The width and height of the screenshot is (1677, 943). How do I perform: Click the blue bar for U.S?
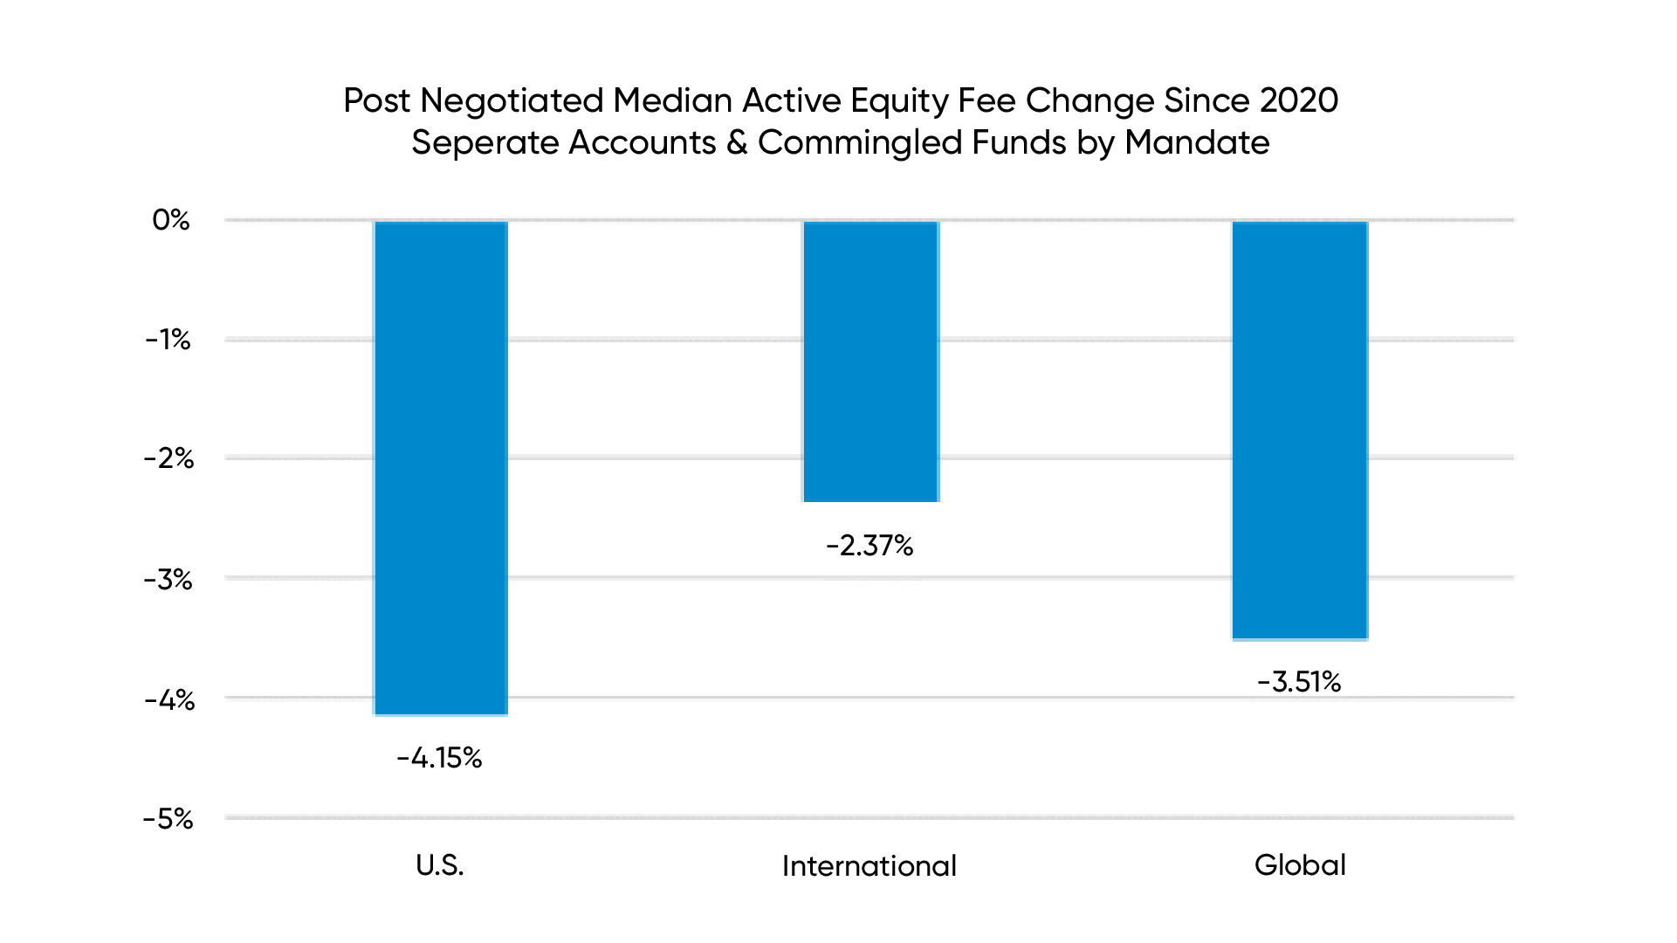click(x=441, y=468)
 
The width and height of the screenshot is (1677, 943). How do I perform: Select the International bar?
click(x=870, y=361)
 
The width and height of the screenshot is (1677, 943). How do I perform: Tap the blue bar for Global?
click(x=1299, y=430)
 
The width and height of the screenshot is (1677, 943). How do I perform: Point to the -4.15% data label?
click(x=439, y=758)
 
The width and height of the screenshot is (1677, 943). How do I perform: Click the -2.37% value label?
click(x=869, y=546)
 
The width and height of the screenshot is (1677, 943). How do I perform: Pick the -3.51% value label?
click(x=1299, y=682)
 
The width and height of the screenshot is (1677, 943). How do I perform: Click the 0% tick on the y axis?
click(x=171, y=220)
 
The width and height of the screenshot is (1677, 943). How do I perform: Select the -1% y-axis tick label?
click(x=168, y=340)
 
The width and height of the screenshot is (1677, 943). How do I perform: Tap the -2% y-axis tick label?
click(x=168, y=458)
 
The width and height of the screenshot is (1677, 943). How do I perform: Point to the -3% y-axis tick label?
click(x=168, y=579)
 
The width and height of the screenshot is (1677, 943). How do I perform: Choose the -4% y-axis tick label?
click(x=168, y=699)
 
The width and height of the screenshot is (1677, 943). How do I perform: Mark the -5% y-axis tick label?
click(x=168, y=819)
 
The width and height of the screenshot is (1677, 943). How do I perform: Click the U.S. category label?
click(x=440, y=865)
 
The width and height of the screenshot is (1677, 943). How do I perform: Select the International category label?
click(x=869, y=866)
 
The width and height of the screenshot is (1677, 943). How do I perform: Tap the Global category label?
click(x=1300, y=865)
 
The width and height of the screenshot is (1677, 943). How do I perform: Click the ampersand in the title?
click(x=737, y=143)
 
